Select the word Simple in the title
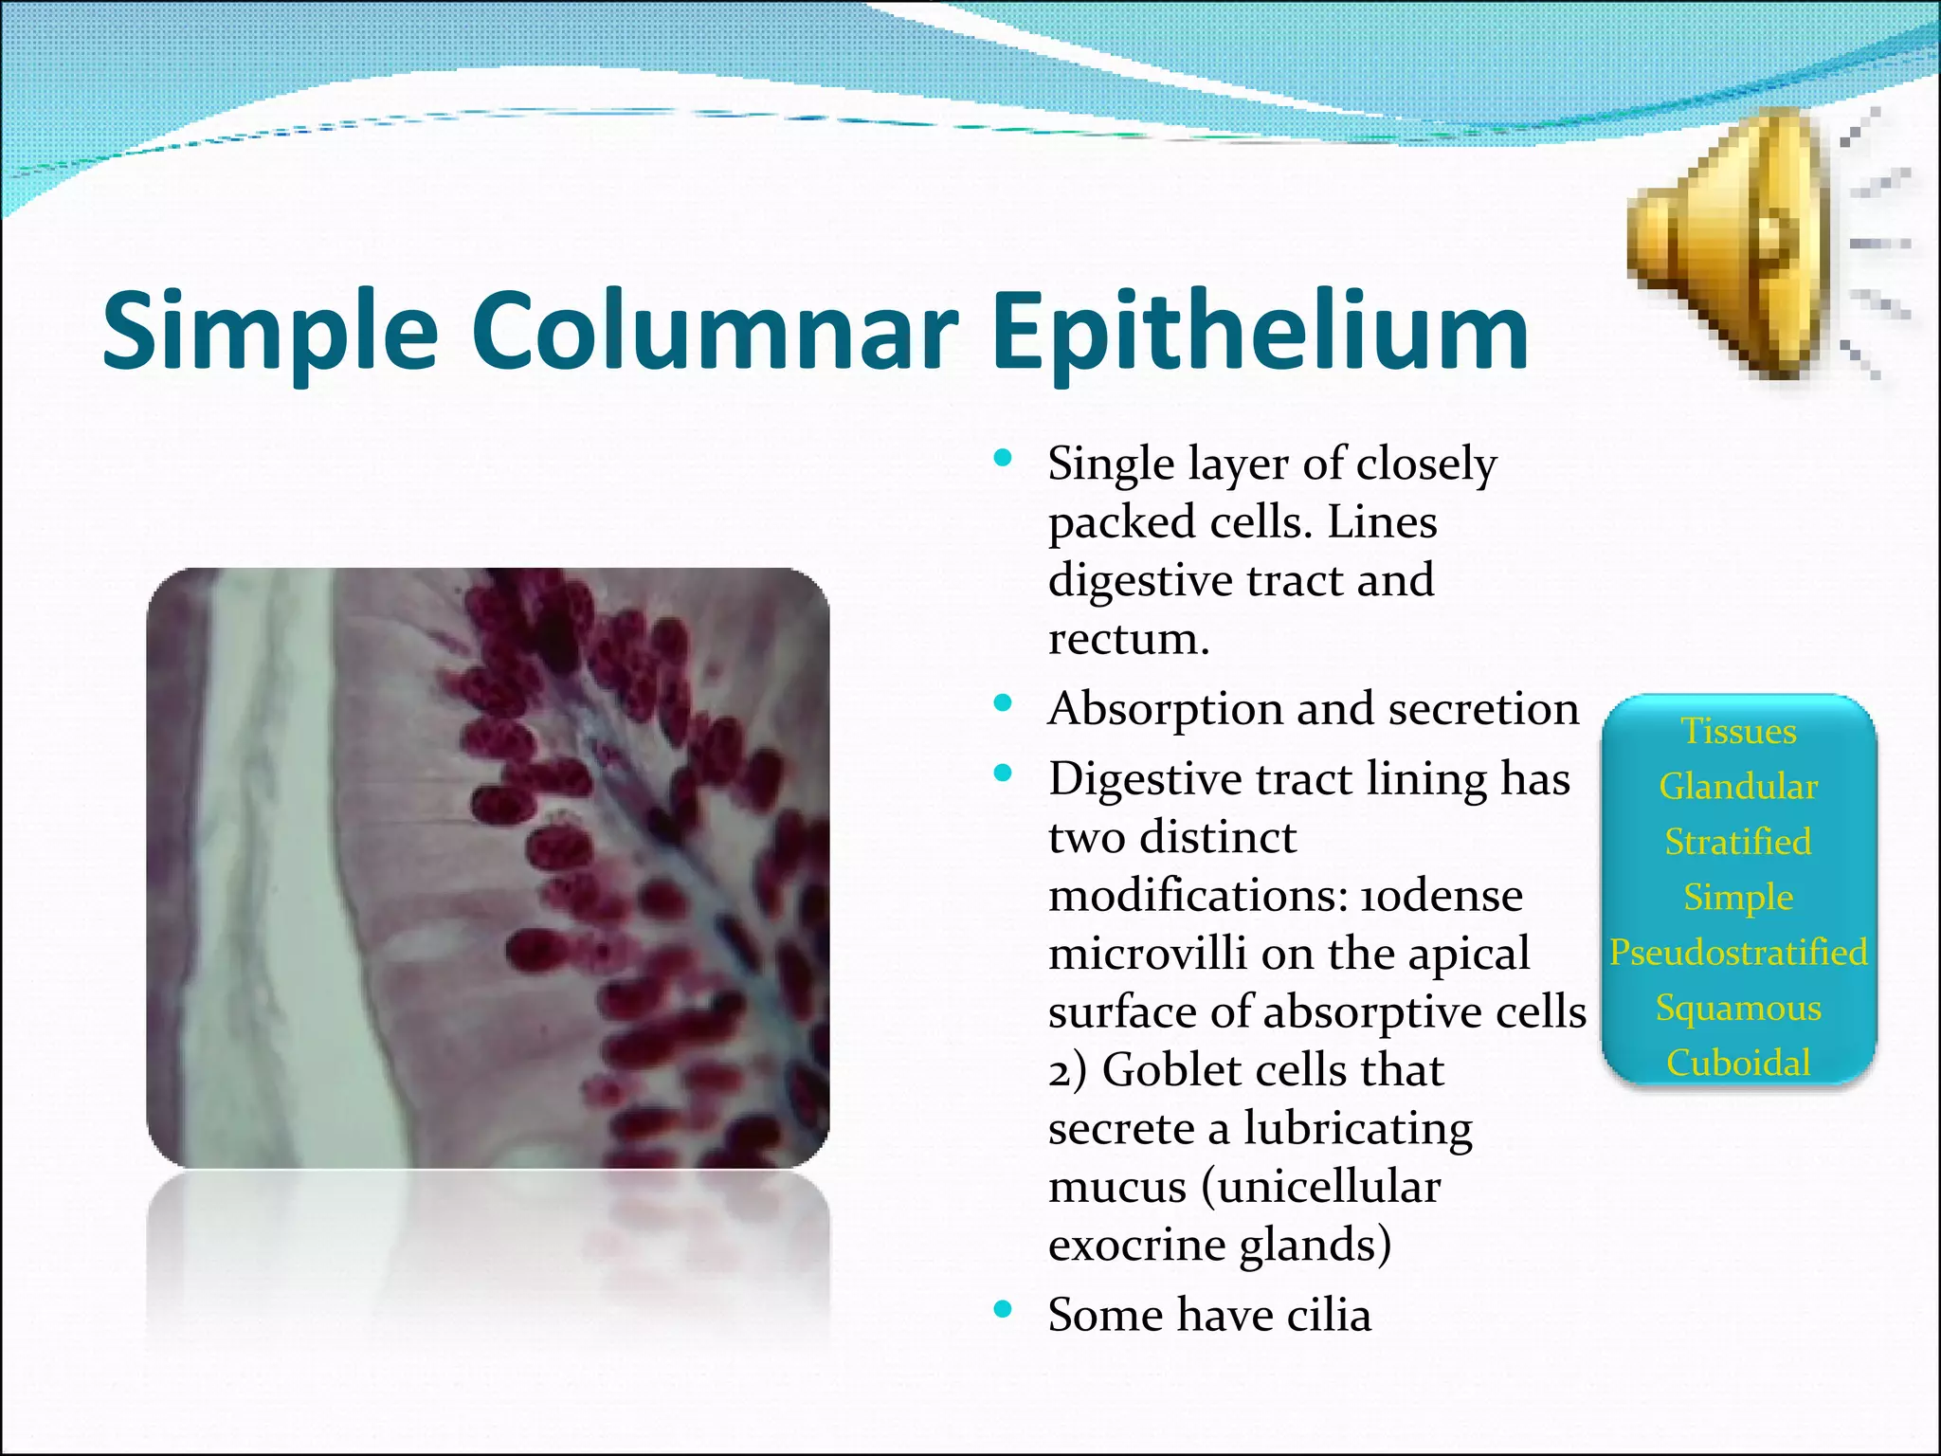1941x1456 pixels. point(270,333)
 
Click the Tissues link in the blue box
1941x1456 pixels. point(1738,732)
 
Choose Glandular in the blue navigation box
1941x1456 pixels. point(1738,787)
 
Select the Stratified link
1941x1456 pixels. point(1738,842)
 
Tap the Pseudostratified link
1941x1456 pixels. point(1738,953)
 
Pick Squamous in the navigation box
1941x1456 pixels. point(1738,1008)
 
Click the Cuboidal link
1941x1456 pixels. point(1738,1063)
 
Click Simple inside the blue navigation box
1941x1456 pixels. point(1738,897)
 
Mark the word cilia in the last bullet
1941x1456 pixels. point(1328,1316)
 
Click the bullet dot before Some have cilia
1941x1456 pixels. point(1002,1310)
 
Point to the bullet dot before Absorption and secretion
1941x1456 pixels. point(1002,703)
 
